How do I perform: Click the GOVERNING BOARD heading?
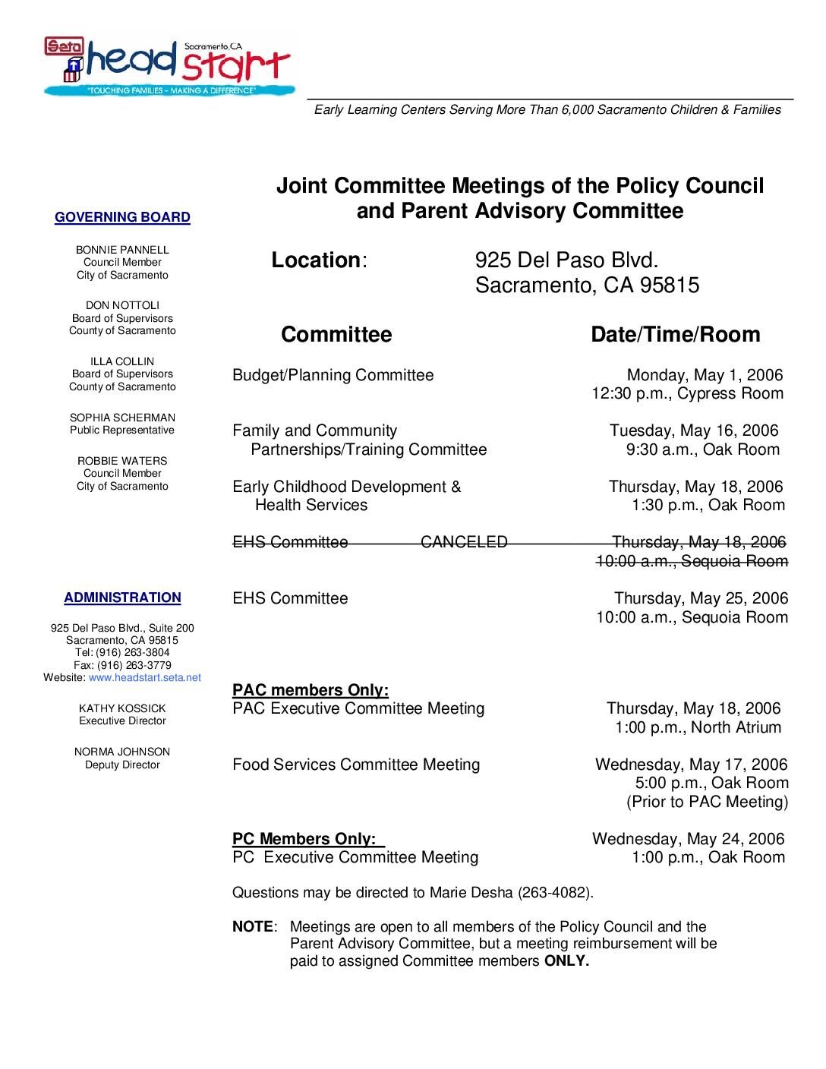click(122, 218)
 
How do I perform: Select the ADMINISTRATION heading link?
click(122, 598)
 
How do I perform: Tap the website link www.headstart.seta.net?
click(145, 677)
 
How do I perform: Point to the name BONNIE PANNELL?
click(122, 250)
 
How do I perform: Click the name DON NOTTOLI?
click(122, 305)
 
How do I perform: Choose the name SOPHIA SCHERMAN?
click(122, 418)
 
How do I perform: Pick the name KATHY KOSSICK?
click(122, 708)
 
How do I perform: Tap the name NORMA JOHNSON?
click(122, 752)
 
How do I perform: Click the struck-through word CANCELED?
click(464, 542)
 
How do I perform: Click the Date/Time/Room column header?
click(675, 335)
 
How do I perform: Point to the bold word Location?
click(316, 260)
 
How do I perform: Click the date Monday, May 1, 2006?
click(705, 375)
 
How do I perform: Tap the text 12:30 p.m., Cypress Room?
click(687, 393)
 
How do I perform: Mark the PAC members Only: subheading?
click(311, 690)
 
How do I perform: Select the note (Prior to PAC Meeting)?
click(707, 802)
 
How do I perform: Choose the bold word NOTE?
click(253, 927)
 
